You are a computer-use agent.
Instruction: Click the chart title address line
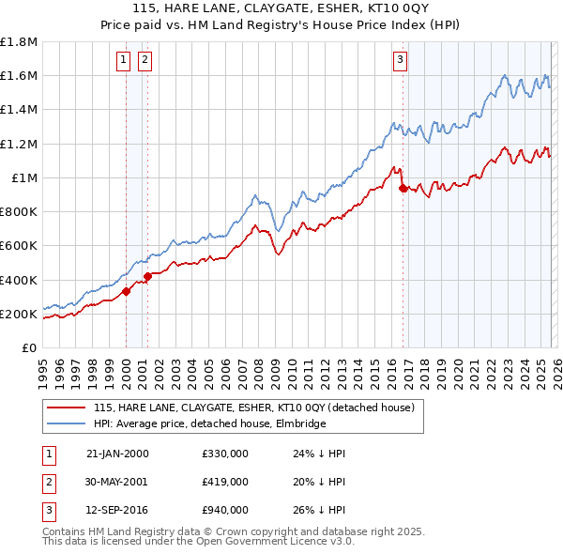click(x=282, y=8)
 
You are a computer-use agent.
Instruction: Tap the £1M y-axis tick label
click(x=23, y=178)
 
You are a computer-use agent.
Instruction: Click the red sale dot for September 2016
click(x=403, y=188)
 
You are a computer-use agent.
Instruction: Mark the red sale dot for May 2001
click(x=148, y=276)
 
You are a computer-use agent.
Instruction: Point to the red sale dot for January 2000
click(x=126, y=291)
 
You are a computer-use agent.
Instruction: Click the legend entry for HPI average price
click(x=208, y=423)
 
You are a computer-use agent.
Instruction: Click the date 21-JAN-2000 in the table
click(x=116, y=454)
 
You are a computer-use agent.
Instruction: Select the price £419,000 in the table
click(x=224, y=482)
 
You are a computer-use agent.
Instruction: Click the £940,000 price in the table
click(x=224, y=510)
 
